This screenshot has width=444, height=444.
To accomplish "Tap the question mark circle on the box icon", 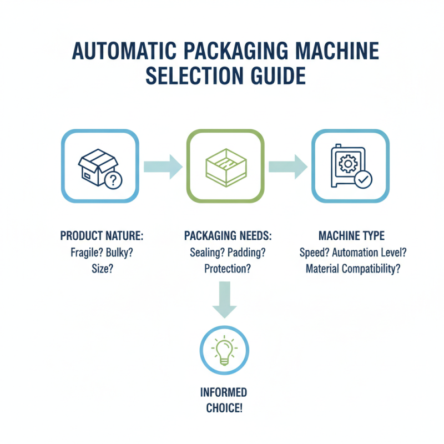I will (113, 180).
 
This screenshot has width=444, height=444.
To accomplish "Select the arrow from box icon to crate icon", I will (162, 166).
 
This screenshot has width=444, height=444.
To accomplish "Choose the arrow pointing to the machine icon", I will (287, 166).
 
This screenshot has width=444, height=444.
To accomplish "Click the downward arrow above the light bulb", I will (225, 300).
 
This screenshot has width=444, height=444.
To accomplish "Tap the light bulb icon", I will (224, 350).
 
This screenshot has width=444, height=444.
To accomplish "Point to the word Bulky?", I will (122, 253).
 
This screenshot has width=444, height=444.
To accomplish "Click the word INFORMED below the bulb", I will (224, 392).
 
